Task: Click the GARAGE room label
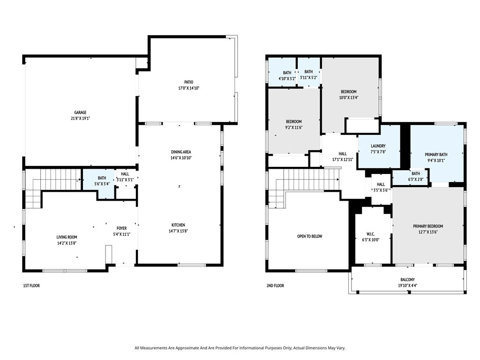click(x=80, y=112)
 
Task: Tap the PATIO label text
click(x=188, y=82)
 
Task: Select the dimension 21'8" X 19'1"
click(x=80, y=118)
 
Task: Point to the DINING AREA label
click(x=181, y=152)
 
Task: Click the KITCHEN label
click(x=178, y=225)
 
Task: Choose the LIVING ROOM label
click(x=67, y=237)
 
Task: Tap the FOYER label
click(x=121, y=228)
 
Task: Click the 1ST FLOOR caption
click(x=31, y=285)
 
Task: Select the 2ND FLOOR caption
click(x=275, y=285)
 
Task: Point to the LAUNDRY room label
click(x=378, y=146)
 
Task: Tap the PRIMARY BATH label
click(x=436, y=155)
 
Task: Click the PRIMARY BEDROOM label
click(x=428, y=226)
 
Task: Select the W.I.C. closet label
click(x=370, y=234)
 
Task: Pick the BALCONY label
click(x=407, y=279)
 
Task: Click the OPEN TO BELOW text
click(x=309, y=236)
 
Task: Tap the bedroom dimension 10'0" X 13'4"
click(x=349, y=97)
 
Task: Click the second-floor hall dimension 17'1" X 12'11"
click(x=343, y=159)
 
